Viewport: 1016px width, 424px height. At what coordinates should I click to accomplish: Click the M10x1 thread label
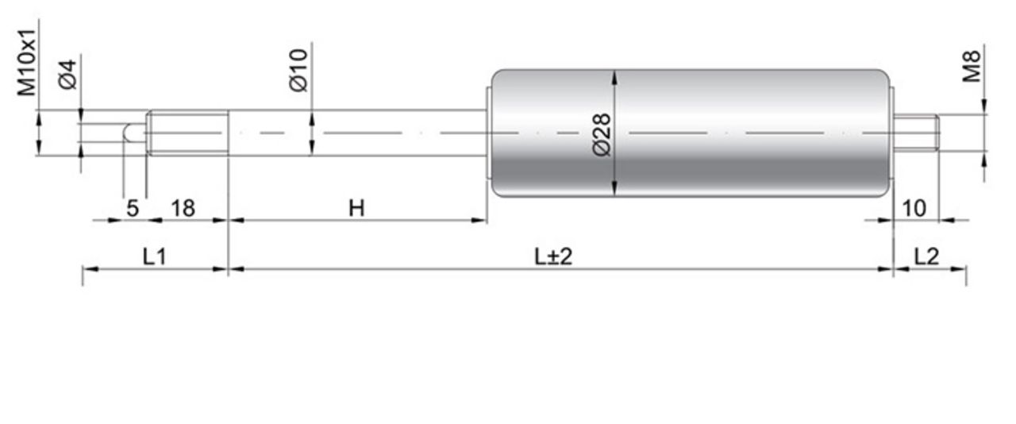pos(26,63)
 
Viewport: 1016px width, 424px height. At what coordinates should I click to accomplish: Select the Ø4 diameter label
pos(68,75)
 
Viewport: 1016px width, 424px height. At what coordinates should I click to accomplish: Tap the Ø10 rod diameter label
pos(298,71)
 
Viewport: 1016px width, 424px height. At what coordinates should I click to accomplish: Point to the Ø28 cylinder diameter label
pos(602,135)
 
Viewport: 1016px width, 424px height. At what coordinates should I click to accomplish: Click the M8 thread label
pos(972,67)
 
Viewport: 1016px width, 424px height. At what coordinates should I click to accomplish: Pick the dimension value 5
pos(133,208)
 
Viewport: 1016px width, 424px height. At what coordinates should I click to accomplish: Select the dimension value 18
pos(183,208)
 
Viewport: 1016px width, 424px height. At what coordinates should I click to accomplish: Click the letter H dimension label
pos(356,208)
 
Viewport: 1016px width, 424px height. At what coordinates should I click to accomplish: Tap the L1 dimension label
pos(155,257)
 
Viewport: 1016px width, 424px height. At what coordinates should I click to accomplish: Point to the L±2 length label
pos(553,257)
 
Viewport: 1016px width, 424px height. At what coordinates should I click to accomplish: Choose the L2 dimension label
pos(926,257)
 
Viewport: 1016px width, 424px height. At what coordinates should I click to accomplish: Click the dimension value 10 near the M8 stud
pos(914,208)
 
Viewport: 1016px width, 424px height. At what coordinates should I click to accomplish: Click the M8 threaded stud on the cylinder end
pos(916,133)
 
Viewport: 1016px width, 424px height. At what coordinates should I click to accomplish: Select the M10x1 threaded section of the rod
pos(188,133)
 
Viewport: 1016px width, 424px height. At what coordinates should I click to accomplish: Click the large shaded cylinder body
pos(690,133)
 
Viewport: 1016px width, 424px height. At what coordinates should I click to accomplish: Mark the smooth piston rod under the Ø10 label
pos(357,133)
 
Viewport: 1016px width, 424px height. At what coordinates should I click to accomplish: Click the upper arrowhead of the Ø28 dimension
pos(614,77)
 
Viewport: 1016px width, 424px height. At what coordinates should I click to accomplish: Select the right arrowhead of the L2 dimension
pos(958,268)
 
